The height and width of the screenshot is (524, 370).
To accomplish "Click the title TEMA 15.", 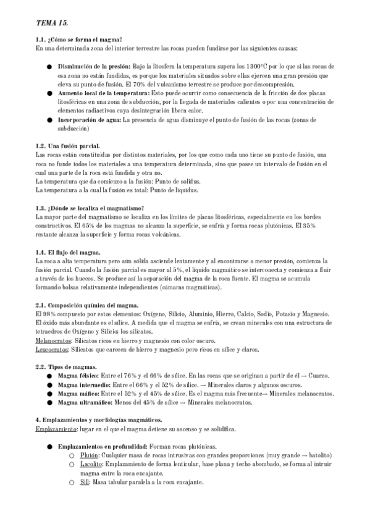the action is (x=52, y=22).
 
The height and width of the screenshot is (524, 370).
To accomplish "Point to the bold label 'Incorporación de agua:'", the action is (x=90, y=119).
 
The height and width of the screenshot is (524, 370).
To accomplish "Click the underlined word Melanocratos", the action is (x=53, y=340).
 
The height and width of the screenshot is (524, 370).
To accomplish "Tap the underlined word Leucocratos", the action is (x=52, y=349).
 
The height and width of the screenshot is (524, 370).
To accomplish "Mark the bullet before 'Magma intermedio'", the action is (x=49, y=384).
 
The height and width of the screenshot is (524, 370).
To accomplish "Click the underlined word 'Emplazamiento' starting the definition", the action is (x=55, y=429).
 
